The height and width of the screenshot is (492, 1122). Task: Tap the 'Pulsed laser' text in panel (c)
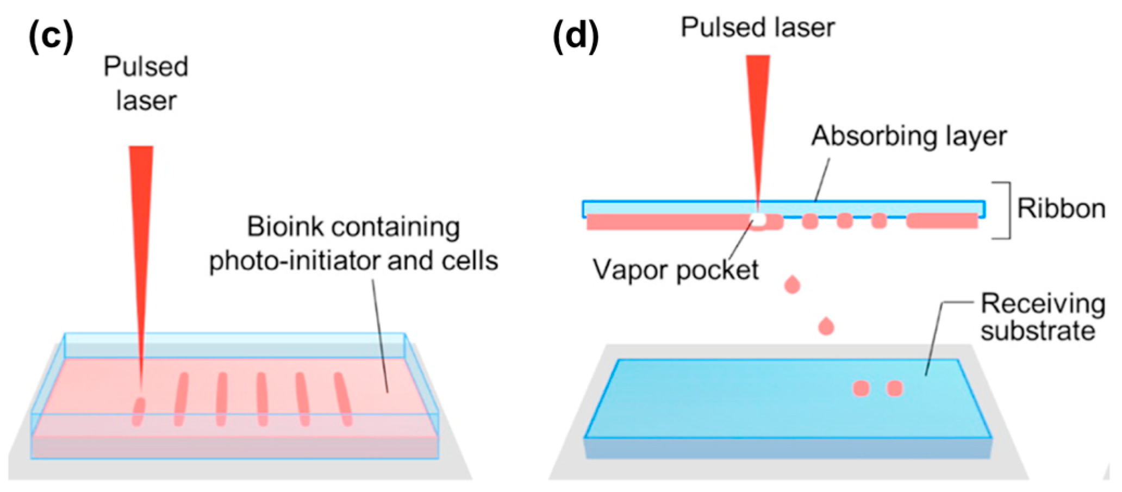146,83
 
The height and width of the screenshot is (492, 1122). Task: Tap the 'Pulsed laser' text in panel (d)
758,27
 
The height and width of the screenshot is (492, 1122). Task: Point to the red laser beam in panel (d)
758,109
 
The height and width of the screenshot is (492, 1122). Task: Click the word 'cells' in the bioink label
470,261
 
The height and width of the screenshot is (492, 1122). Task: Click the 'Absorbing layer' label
909,136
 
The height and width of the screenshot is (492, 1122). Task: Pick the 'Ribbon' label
1061,209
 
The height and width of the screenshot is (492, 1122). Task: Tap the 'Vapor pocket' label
676,270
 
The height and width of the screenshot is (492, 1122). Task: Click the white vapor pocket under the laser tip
758,219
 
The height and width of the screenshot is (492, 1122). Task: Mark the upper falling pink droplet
792,284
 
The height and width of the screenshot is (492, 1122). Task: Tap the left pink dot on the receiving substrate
861,388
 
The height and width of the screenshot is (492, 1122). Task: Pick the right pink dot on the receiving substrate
895,388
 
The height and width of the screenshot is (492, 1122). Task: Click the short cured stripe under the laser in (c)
139,412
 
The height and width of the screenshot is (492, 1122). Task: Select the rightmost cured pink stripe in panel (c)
342,398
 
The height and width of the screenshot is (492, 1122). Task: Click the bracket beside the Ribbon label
1007,210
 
